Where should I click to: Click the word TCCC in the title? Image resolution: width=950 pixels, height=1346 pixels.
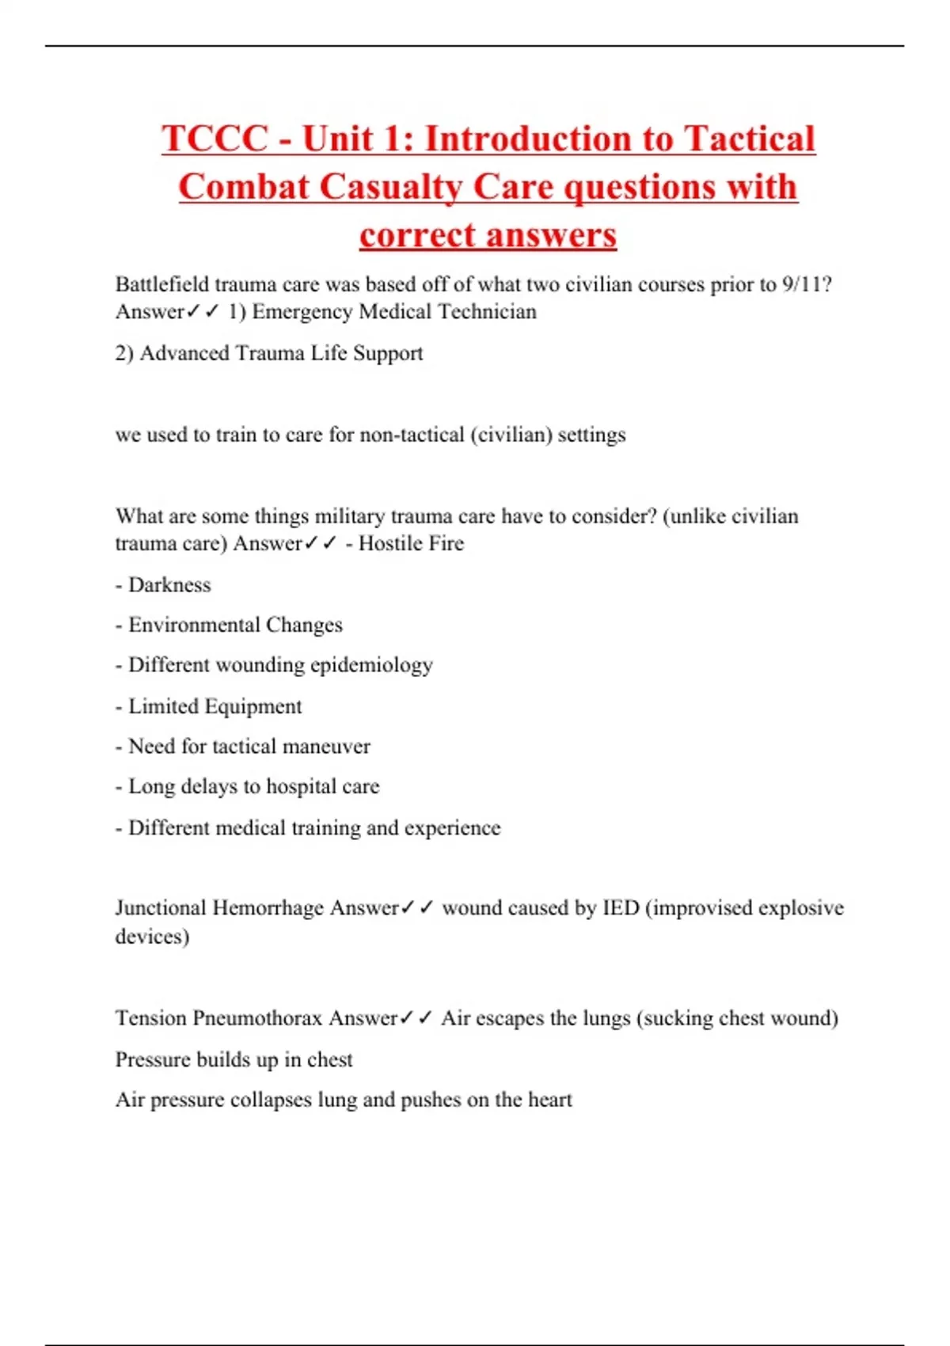[215, 139]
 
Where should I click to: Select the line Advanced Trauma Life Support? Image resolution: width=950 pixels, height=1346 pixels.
[269, 353]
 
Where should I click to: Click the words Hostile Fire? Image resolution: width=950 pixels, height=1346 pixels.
[411, 544]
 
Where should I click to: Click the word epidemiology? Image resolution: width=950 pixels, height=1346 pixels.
[371, 666]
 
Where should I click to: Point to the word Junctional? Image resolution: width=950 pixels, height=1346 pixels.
[160, 908]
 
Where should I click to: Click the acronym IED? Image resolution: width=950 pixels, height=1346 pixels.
[620, 908]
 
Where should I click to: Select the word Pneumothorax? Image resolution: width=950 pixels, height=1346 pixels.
[257, 1018]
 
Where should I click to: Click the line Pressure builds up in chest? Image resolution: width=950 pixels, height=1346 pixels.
[234, 1060]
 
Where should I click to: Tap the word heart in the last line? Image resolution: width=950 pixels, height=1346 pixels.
[549, 1101]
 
